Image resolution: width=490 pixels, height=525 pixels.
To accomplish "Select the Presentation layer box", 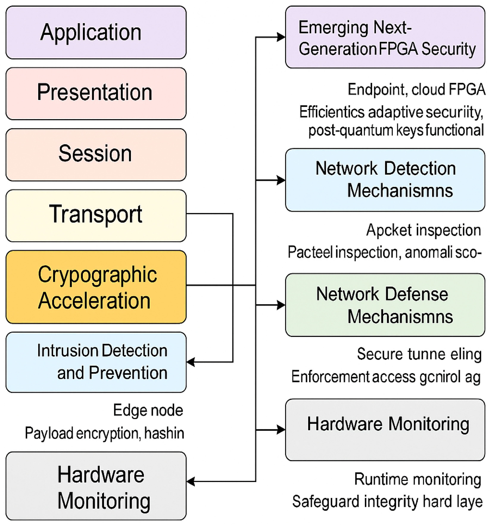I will (96, 94).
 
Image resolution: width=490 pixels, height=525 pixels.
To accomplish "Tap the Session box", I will (96, 154).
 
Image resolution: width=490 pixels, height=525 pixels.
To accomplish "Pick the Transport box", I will (96, 215).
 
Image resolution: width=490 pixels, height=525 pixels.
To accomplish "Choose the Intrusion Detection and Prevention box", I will (96, 362).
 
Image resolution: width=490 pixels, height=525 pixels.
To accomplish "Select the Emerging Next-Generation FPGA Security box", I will (385, 37).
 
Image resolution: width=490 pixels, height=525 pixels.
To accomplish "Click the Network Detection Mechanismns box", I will (385, 180).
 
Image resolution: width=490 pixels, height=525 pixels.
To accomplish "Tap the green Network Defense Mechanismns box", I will (385, 305).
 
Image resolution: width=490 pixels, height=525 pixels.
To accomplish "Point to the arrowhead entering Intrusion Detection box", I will (191, 362).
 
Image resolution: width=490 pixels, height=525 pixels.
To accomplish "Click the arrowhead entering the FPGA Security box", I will (281, 37).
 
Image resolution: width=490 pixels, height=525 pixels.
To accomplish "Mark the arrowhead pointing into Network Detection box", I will (281, 180).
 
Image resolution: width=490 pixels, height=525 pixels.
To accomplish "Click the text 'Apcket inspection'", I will (423, 230).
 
